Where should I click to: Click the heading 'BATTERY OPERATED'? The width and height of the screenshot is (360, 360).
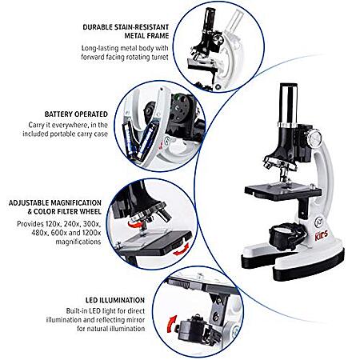tap(76, 114)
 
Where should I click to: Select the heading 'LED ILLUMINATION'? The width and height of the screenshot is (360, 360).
tap(115, 300)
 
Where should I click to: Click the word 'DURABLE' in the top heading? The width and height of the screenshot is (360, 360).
tap(98, 27)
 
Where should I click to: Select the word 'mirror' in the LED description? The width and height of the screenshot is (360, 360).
tap(134, 320)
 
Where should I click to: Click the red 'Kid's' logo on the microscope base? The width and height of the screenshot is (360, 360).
tap(322, 236)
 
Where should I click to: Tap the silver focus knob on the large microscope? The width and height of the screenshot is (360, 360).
tap(314, 137)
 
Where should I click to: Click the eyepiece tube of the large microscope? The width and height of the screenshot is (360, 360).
tap(289, 105)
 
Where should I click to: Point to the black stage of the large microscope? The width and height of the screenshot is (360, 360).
tap(283, 192)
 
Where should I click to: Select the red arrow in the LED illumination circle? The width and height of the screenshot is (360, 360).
tap(171, 323)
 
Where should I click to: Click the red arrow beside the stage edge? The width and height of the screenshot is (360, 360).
tap(181, 250)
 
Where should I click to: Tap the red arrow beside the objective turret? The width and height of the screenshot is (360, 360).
tap(134, 224)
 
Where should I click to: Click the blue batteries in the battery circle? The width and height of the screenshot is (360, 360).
tap(139, 139)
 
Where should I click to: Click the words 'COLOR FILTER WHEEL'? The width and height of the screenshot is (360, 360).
tap(67, 212)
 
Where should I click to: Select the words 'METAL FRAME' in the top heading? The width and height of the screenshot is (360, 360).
tap(146, 36)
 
